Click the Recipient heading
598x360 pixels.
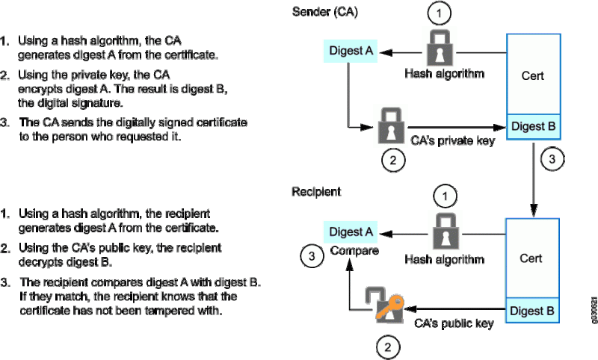point(316,192)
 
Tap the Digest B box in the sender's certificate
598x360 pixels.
point(533,126)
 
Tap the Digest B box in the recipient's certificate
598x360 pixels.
point(533,308)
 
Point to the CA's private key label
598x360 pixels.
point(452,140)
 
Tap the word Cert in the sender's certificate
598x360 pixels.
point(532,75)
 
